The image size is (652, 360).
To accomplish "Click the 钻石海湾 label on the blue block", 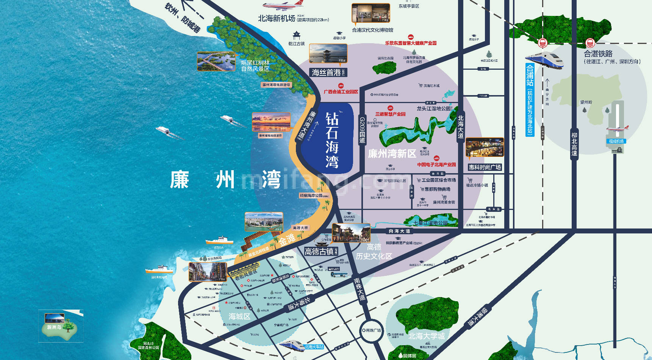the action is (x=332, y=140).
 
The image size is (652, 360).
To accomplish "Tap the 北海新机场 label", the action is (x=277, y=18).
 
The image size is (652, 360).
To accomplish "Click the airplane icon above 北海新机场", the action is (x=283, y=5).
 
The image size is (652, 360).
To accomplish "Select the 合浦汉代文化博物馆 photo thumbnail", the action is (x=371, y=13).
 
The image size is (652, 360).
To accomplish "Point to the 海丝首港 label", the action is (x=326, y=72).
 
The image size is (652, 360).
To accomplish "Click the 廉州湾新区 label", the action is (x=392, y=153).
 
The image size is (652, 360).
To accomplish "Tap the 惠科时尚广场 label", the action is (x=485, y=167).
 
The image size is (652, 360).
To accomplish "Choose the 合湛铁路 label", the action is (x=598, y=54).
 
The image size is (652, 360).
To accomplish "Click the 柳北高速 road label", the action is (x=574, y=144).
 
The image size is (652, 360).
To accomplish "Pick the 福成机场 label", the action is (x=616, y=141).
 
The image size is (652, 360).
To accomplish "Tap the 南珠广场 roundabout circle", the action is (x=371, y=330).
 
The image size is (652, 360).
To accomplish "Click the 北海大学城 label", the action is (x=427, y=336).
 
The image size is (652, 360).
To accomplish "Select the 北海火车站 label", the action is (x=314, y=347).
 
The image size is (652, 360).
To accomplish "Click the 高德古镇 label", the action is (x=319, y=251).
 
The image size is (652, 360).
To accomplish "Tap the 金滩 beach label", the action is (x=287, y=239).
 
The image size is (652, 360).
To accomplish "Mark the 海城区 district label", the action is (x=239, y=316).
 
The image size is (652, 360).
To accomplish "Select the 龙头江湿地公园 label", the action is (x=434, y=108).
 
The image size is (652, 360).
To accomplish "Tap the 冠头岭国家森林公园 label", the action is (x=149, y=346).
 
